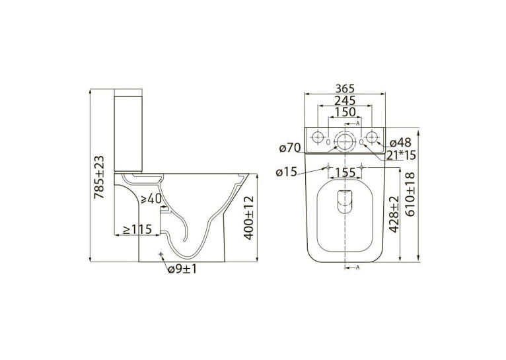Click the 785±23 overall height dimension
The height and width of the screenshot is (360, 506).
pyautogui.click(x=99, y=177)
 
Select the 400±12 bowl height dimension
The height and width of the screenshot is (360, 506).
pyautogui.click(x=249, y=218)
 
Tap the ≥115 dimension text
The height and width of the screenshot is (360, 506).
pyautogui.click(x=137, y=229)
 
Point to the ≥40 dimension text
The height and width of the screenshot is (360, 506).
pyautogui.click(x=151, y=199)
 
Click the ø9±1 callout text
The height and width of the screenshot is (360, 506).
pyautogui.click(x=182, y=269)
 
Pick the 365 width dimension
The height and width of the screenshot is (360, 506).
pyautogui.click(x=345, y=88)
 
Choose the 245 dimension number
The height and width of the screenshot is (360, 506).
pyautogui.click(x=345, y=100)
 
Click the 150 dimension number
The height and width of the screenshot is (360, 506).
pyautogui.click(x=345, y=112)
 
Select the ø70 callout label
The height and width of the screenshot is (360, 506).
pyautogui.click(x=290, y=148)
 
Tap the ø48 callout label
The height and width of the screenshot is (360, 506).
pyautogui.click(x=400, y=143)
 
